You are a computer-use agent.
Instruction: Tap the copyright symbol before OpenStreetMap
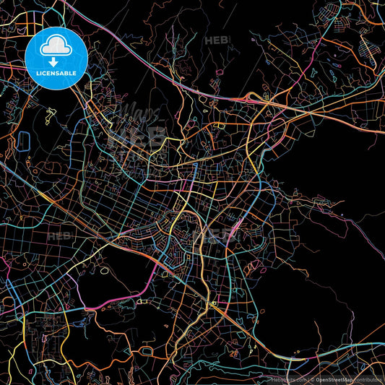tap(312, 379)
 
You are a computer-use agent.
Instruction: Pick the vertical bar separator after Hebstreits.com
tap(307, 379)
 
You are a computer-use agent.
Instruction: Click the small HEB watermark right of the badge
tap(216, 40)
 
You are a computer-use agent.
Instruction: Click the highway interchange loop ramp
tap(253, 98)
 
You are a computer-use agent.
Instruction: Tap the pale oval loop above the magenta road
tap(105, 271)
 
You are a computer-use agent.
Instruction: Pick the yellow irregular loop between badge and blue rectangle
tap(49, 114)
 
